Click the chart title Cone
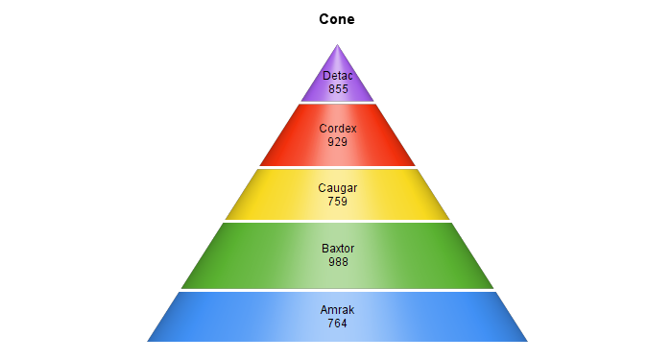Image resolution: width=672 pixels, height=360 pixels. point(337,19)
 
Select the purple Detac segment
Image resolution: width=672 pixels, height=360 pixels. point(337,82)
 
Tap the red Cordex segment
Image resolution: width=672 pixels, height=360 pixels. point(337,135)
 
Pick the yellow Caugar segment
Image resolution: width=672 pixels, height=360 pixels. point(337,195)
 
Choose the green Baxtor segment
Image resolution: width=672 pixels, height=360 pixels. point(337,256)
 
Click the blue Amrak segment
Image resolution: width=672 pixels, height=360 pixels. point(337,317)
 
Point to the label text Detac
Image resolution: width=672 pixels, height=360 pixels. point(338,76)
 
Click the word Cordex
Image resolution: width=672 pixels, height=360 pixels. point(338,129)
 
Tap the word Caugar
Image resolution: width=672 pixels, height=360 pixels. point(338,188)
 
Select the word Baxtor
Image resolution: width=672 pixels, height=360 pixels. point(338,249)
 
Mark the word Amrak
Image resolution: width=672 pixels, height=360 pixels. point(337,310)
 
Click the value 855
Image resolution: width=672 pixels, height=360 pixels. point(338,89)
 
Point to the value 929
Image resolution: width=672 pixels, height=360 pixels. point(337,142)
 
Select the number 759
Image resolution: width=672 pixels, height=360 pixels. point(337,202)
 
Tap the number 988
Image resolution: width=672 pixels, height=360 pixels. point(338,262)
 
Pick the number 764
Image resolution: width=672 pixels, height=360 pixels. point(337,324)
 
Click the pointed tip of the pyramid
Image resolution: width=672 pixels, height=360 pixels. point(337,44)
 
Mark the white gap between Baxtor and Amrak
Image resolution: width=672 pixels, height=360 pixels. point(337,291)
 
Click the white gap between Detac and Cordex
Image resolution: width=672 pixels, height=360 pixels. point(337,103)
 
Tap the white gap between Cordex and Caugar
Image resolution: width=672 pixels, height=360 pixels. point(337,168)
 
